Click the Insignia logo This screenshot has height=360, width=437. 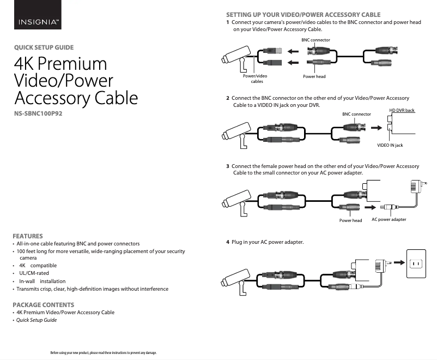click(x=38, y=15)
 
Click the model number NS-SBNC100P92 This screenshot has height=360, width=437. click(x=38, y=113)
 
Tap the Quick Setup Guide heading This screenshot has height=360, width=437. click(x=44, y=47)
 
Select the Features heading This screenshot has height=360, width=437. click(x=28, y=236)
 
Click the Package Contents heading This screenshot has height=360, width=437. click(x=44, y=305)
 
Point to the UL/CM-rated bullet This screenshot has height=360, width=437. click(x=34, y=273)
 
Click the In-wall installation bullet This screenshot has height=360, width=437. click(x=43, y=281)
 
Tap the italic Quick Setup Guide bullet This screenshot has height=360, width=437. click(x=37, y=320)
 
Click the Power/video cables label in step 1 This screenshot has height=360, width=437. click(x=255, y=79)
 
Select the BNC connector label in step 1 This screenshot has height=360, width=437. click(x=316, y=40)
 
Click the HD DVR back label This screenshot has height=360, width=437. click(x=402, y=110)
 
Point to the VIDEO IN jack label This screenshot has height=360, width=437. click(x=390, y=145)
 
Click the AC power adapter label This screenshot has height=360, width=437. click(x=389, y=219)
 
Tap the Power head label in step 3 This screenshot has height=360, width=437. click(x=350, y=220)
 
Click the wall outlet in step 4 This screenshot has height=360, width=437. click(x=416, y=263)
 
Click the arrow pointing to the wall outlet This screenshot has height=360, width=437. click(x=399, y=262)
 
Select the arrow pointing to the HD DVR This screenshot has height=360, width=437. click(x=377, y=128)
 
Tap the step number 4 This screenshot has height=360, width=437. click(x=228, y=242)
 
